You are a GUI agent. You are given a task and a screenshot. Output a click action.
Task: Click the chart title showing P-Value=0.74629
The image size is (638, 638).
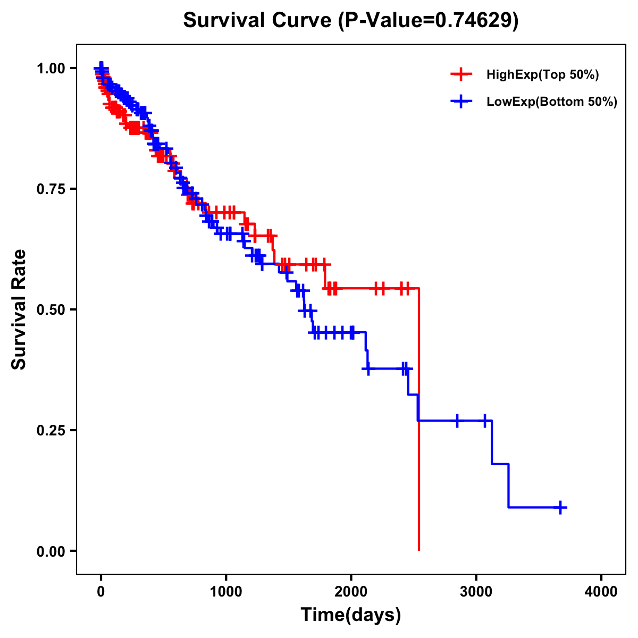coord(350,20)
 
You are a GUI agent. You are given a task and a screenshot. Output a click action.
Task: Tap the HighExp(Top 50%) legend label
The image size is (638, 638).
coord(543,75)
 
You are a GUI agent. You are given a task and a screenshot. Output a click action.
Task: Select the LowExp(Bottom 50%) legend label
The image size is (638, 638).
coord(552,102)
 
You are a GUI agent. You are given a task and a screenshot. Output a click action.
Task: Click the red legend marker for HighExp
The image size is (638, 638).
coord(461,74)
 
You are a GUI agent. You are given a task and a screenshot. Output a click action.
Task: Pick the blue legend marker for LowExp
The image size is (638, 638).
coord(461,102)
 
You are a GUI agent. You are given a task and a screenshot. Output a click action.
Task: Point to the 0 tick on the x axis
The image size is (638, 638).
coord(101,592)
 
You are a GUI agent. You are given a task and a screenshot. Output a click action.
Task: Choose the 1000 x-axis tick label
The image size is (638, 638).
coord(226,592)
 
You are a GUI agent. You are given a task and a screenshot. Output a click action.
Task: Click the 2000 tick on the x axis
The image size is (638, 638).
coord(351,592)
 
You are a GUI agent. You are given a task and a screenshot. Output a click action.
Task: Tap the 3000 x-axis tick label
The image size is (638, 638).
coord(476,592)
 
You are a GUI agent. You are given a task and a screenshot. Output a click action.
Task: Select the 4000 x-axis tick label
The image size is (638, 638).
coord(601,592)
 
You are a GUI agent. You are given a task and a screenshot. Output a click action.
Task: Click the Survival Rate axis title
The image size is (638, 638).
coord(19,309)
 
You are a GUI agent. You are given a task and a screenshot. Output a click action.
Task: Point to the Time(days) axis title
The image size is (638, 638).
coord(351,615)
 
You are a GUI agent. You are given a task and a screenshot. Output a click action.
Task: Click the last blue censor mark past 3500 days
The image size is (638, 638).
coord(560,507)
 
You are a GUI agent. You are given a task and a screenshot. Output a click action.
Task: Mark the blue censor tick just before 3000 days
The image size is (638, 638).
coord(457,421)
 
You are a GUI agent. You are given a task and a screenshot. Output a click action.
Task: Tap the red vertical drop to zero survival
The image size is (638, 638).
coord(419,425)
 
